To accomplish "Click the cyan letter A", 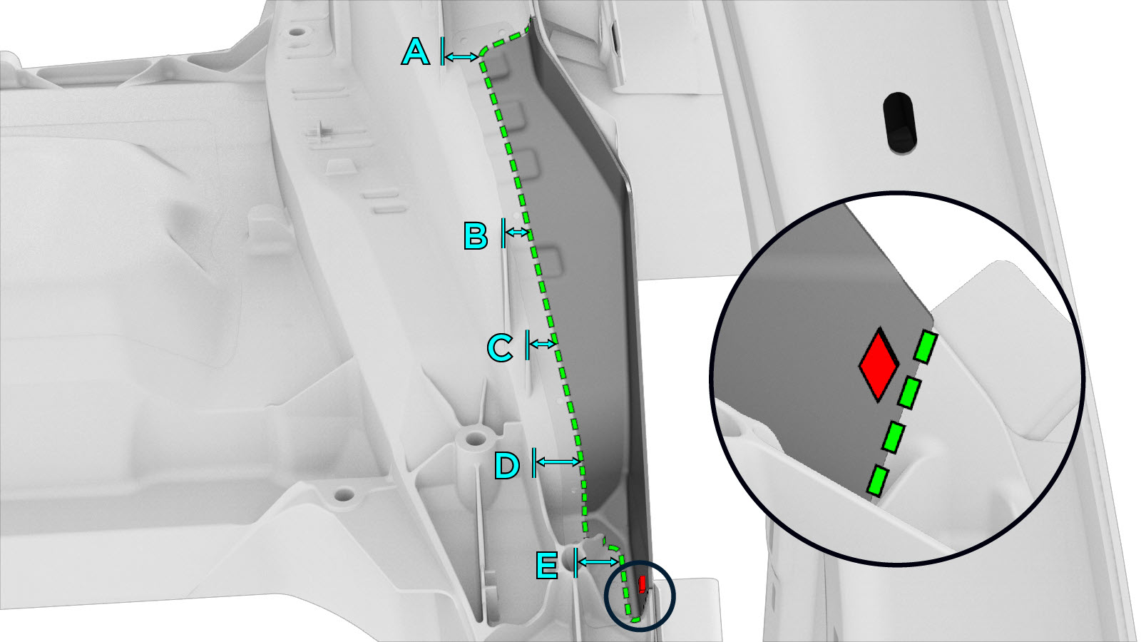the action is [x=416, y=53].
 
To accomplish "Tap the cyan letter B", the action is [x=476, y=236].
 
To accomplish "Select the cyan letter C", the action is [x=500, y=347].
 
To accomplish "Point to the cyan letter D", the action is [x=507, y=465].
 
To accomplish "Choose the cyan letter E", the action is [x=547, y=565].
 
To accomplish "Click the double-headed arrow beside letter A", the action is [x=461, y=57].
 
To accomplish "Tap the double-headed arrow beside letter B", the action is [x=518, y=233].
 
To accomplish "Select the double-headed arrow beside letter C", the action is [x=542, y=344].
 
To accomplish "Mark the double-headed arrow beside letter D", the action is [x=558, y=462].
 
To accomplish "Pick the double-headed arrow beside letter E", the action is [x=598, y=562].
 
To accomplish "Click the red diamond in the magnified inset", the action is [x=879, y=365].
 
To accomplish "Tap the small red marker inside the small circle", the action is [x=643, y=584].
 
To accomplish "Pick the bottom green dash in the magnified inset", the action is [x=878, y=481].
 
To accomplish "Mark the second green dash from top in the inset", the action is [x=909, y=392].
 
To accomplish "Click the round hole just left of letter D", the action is [x=475, y=437].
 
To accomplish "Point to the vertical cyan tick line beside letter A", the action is [x=442, y=51].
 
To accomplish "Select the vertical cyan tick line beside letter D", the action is [x=534, y=463].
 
